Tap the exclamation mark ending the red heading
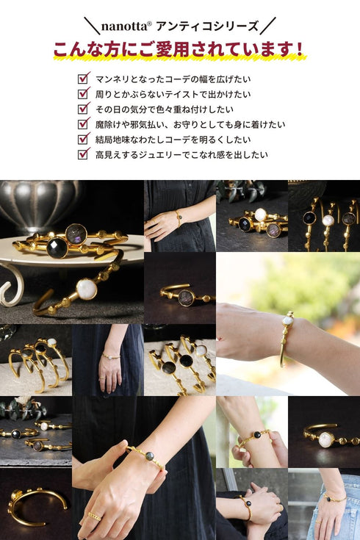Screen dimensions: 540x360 tap(299, 50)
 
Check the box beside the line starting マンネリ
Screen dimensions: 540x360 tap(84, 78)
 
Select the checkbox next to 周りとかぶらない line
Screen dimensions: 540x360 tap(84, 93)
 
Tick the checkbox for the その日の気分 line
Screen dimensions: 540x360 tap(84, 109)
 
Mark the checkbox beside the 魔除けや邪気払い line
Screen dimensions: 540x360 tap(84, 124)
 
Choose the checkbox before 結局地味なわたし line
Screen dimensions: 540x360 tap(84, 139)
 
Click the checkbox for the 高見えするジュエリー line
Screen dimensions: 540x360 tap(84, 154)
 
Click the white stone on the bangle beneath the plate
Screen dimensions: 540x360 tap(86, 289)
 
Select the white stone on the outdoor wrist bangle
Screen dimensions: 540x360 tap(287, 320)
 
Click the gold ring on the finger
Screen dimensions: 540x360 tap(95, 516)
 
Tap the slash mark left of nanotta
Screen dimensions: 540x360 tap(92, 26)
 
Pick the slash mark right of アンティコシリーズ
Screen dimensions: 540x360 tap(268, 26)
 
